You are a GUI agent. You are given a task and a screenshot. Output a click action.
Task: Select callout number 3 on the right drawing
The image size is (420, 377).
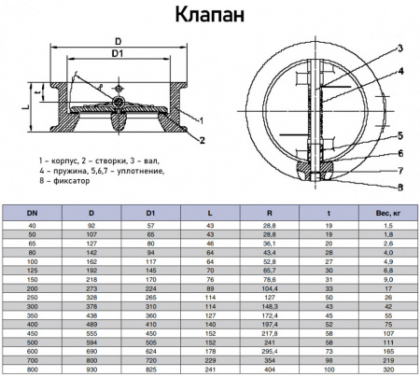[x=399, y=48]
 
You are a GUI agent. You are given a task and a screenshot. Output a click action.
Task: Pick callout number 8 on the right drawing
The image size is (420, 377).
[x=399, y=188]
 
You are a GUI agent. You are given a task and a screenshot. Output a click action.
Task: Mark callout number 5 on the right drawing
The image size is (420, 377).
[x=399, y=135]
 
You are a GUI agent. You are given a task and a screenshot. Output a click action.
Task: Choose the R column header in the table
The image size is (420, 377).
[x=270, y=214]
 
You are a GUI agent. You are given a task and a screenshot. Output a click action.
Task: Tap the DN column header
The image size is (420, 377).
[x=33, y=214]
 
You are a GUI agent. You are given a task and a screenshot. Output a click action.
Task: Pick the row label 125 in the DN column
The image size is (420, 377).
[x=33, y=270]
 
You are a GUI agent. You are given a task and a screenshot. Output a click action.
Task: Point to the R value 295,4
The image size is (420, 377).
[x=270, y=348]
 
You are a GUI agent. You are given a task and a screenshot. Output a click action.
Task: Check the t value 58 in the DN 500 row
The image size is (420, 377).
[x=329, y=340]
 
